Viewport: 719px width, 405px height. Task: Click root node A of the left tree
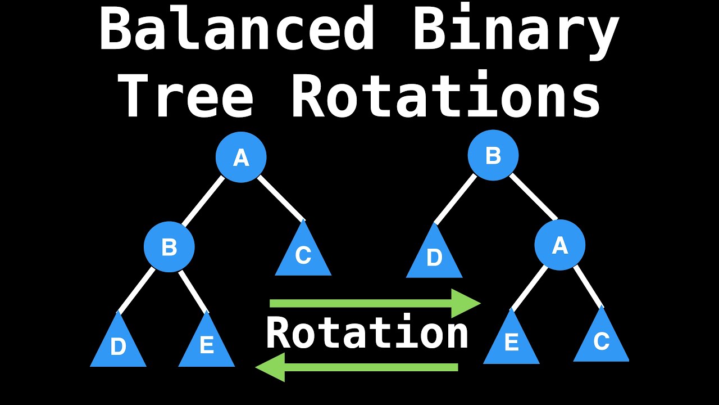point(241,158)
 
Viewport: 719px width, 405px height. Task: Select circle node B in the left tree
point(169,247)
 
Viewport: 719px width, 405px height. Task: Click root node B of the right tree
point(493,155)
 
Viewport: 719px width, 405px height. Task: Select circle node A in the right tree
point(559,246)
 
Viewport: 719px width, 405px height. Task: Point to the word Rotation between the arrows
point(367,334)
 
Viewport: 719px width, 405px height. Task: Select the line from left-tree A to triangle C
point(281,198)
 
